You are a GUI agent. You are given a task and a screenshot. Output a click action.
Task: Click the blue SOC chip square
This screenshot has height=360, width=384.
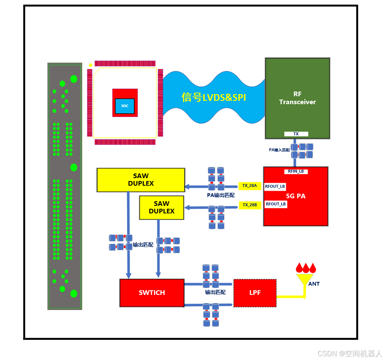125,106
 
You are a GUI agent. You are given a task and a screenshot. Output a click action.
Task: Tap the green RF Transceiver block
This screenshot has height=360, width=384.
297,98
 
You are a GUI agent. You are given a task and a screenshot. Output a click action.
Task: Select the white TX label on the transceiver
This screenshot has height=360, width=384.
296,134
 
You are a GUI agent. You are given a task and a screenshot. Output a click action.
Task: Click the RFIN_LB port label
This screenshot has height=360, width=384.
296,171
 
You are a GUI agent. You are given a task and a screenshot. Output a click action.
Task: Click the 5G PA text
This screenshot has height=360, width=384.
296,196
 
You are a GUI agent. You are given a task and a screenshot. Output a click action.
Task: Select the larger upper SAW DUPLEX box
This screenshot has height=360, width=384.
141,180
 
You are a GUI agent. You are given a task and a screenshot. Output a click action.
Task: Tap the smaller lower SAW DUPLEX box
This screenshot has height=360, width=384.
162,208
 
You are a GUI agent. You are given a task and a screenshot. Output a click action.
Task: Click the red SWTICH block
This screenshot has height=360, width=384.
152,292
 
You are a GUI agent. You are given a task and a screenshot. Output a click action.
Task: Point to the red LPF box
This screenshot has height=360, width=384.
255,292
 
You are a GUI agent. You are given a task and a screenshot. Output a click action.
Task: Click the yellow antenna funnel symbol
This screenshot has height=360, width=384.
305,279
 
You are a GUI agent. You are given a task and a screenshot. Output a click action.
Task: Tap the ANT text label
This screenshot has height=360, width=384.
314,284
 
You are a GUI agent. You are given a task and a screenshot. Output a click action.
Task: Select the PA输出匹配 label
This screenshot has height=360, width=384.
221,195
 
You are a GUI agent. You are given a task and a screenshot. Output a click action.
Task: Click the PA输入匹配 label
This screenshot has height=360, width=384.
279,150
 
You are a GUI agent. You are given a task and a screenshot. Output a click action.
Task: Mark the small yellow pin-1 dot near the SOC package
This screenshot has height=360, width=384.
90,65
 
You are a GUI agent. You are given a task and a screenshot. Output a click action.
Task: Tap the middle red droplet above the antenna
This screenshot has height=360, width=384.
306,268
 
